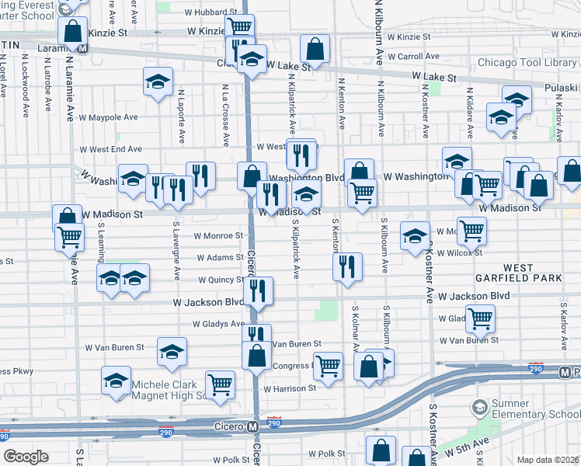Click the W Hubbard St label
tap(194, 12)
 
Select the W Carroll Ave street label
tap(412, 57)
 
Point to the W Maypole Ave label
tap(108, 117)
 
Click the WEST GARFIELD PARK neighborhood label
tap(517, 273)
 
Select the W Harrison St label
tap(289, 388)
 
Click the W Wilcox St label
tap(460, 252)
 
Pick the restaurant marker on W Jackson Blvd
tap(258, 291)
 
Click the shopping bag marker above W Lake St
tap(315, 48)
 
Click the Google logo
tap(26, 456)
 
